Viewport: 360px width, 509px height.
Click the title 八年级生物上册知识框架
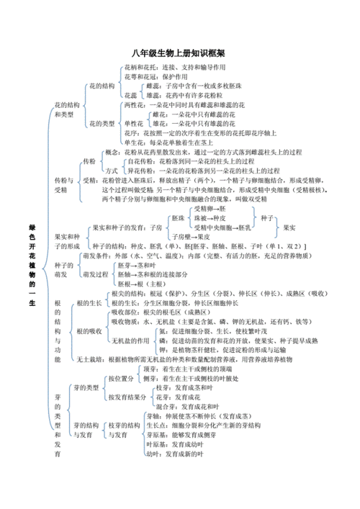point(179,54)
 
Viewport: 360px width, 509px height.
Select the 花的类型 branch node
point(101,124)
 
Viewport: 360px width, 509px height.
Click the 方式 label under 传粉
point(112,171)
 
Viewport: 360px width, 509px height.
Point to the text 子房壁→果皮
point(190,235)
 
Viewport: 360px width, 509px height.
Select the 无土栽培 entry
point(88,359)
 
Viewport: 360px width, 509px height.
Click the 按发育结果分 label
point(127,397)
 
